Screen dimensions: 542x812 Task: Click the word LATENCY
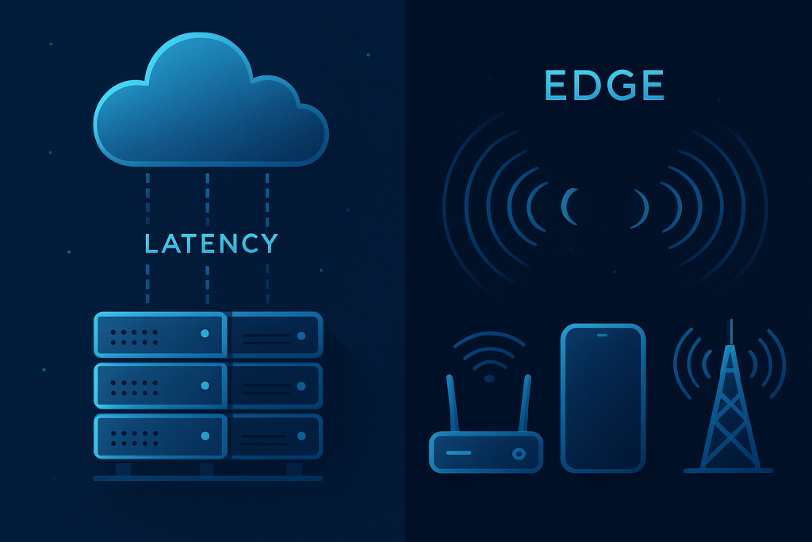point(211,244)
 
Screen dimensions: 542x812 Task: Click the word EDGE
point(604,86)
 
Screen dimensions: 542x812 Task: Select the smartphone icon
point(603,397)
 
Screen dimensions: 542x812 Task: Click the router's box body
point(485,452)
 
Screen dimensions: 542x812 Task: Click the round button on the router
point(519,454)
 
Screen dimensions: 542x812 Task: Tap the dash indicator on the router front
point(458,453)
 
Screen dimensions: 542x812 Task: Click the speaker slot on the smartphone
point(603,334)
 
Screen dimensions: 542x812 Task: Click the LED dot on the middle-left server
point(205,385)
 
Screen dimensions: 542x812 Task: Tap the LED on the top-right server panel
point(301,336)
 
